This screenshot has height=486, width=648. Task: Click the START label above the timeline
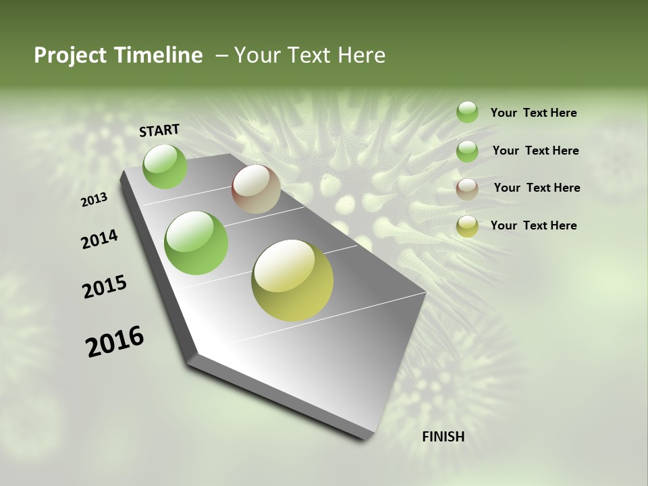point(159,130)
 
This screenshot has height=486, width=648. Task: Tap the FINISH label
point(443,437)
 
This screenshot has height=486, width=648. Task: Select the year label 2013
point(94,199)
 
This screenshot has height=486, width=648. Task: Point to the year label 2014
point(100,239)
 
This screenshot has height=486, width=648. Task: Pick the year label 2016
point(115,341)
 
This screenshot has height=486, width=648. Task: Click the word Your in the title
point(256,55)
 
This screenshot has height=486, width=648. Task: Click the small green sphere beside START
point(165,166)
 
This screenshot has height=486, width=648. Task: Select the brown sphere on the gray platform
point(256,189)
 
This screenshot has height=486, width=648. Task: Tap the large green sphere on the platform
point(196,243)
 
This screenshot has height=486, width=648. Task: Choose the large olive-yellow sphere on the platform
point(292,280)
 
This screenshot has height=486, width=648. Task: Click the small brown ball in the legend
point(467,189)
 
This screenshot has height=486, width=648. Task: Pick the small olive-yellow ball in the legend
point(467,226)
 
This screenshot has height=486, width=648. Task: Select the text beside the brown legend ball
point(537,188)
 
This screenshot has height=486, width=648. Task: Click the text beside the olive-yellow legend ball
point(533,225)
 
